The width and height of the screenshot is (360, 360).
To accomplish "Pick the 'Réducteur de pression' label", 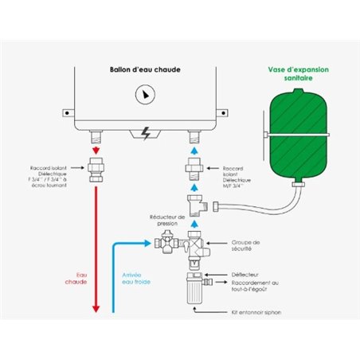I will (167, 219).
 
